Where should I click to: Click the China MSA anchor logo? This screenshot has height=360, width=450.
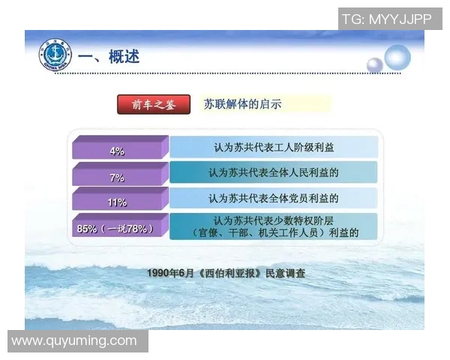point(54,56)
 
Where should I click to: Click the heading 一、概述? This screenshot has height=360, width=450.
point(109,57)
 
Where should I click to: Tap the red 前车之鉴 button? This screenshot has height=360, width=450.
point(154,105)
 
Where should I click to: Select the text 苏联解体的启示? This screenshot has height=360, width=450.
point(243,105)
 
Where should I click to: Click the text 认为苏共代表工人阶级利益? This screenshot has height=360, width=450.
point(273,148)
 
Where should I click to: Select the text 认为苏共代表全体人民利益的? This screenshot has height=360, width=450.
point(273,172)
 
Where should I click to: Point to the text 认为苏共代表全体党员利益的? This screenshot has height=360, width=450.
point(273,199)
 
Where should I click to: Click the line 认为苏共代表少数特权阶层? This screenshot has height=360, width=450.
point(274,220)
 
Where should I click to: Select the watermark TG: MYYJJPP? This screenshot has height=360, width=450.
point(386,19)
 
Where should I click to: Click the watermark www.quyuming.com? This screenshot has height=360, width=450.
point(74,341)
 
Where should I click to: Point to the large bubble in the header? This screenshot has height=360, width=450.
point(397,57)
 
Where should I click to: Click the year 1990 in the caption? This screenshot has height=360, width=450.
point(160,274)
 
